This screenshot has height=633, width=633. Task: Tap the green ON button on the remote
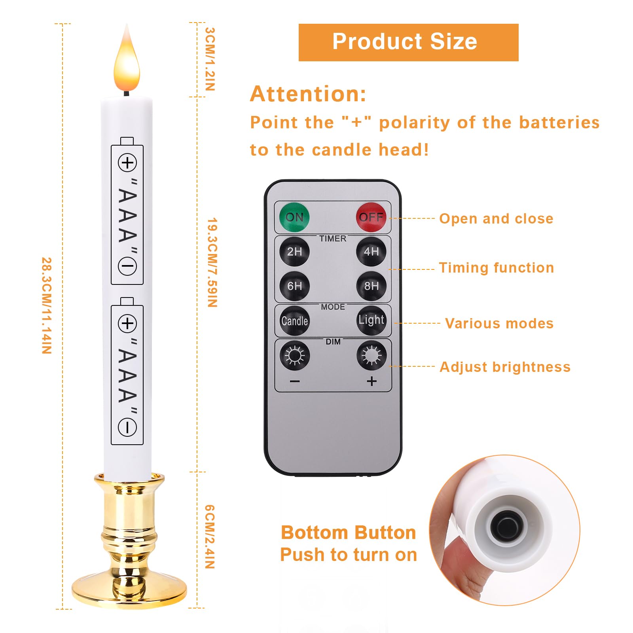point(294,217)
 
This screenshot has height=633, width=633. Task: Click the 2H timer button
point(294,252)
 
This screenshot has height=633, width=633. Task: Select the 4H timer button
point(371,252)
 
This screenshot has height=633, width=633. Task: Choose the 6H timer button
point(294,286)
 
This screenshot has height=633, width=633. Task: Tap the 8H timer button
point(371,286)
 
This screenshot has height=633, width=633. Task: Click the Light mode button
point(371,320)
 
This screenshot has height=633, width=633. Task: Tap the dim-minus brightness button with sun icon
point(295,355)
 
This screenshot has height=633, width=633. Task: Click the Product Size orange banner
point(408,42)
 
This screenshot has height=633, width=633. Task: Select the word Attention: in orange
point(308,94)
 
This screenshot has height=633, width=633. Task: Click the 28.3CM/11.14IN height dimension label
point(47,305)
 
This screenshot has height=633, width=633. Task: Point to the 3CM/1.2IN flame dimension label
point(210,59)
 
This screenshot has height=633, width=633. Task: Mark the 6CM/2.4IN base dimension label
point(210,536)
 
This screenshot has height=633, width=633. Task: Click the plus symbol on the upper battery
point(127,163)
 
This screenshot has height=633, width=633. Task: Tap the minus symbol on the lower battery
point(127,428)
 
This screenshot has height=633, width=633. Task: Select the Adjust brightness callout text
point(505,367)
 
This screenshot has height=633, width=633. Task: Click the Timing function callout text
point(496,268)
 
